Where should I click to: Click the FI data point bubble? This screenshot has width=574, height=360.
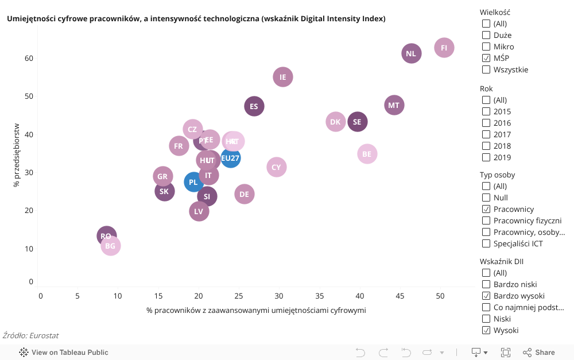click(444, 48)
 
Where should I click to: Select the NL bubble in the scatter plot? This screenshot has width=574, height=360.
click(411, 54)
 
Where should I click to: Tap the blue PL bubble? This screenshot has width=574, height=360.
click(193, 182)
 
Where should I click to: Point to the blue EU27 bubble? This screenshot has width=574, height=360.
click(231, 158)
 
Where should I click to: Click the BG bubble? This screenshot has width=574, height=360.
click(110, 246)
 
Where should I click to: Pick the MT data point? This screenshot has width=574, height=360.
click(394, 105)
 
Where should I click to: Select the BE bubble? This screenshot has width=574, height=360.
click(367, 154)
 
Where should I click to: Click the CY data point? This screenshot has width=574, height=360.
click(277, 167)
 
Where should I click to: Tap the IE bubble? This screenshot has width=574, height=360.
click(283, 77)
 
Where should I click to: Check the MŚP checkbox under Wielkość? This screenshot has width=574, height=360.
click(486, 58)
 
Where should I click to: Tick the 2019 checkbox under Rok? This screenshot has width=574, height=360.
click(486, 157)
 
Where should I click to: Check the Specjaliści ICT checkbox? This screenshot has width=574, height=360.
click(486, 243)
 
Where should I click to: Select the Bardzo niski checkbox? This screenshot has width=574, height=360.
click(486, 284)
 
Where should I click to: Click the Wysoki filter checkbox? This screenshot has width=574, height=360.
click(486, 330)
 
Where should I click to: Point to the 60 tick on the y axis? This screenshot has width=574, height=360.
click(29, 58)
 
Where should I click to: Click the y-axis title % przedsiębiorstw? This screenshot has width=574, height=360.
click(17, 155)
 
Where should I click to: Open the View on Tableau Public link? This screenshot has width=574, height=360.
click(64, 353)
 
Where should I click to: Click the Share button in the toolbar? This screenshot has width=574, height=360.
click(538, 353)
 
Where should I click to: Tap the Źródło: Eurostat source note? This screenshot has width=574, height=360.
click(30, 335)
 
